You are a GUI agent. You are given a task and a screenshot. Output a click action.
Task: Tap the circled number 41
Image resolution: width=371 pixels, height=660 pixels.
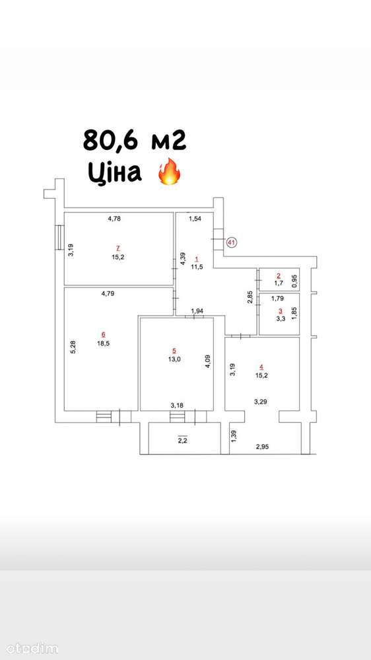(232, 242)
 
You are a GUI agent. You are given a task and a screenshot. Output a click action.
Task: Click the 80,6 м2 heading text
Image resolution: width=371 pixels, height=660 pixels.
(135, 140)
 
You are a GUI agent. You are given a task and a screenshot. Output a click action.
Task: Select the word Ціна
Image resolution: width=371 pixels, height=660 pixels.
(114, 172)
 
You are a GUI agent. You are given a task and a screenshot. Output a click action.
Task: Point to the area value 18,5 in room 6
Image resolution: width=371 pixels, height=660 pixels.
(103, 343)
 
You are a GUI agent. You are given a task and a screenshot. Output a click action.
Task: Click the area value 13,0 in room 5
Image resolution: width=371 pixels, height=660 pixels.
(174, 359)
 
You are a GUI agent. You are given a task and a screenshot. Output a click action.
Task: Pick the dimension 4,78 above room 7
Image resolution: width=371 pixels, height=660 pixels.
(114, 219)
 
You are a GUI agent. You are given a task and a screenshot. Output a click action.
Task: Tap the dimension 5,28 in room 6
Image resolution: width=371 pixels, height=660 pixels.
(73, 348)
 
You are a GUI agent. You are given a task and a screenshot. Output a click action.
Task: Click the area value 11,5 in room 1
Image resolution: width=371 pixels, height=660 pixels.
(197, 266)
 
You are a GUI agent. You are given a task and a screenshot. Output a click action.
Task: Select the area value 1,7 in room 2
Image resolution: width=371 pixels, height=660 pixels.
(279, 283)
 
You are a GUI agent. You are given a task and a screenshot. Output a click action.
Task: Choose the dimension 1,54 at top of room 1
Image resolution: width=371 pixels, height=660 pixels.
(195, 219)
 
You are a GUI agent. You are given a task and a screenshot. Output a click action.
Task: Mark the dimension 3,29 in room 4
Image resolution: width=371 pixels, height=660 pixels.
(261, 402)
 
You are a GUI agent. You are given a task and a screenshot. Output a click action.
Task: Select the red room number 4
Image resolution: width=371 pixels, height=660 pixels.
(261, 367)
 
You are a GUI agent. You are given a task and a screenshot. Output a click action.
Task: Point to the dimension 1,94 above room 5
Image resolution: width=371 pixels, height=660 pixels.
(197, 311)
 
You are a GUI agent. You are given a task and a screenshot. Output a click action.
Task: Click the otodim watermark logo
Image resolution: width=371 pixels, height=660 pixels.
(30, 649)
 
